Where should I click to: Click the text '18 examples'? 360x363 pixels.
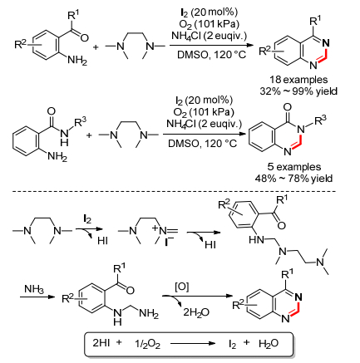coord(298,80)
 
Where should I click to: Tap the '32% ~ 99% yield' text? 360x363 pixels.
coord(298,91)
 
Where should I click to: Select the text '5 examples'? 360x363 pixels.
coord(294,167)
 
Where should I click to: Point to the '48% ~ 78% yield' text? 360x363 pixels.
coord(293,179)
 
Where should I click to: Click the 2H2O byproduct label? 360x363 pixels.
coord(196,312)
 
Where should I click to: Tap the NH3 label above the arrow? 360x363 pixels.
coord(34,289)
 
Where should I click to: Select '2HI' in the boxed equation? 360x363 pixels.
coord(101,343)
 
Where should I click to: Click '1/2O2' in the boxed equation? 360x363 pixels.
coord(147,344)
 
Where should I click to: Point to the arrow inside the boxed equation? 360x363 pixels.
coord(193,344)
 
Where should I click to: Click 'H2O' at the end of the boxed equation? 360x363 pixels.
coord(269,344)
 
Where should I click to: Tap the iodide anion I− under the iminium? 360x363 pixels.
coord(169,243)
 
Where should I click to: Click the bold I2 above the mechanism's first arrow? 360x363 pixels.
coord(87,219)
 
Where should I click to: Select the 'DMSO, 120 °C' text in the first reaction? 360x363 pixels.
coord(211,55)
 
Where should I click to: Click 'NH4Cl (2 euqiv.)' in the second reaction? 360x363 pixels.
coord(204,124)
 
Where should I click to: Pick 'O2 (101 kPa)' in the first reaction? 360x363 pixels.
coord(209,24)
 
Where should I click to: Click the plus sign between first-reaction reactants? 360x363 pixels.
coord(96,47)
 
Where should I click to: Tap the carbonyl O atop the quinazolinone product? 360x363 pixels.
coord(288,107)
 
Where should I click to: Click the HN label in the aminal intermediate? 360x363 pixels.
coord(256,240)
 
